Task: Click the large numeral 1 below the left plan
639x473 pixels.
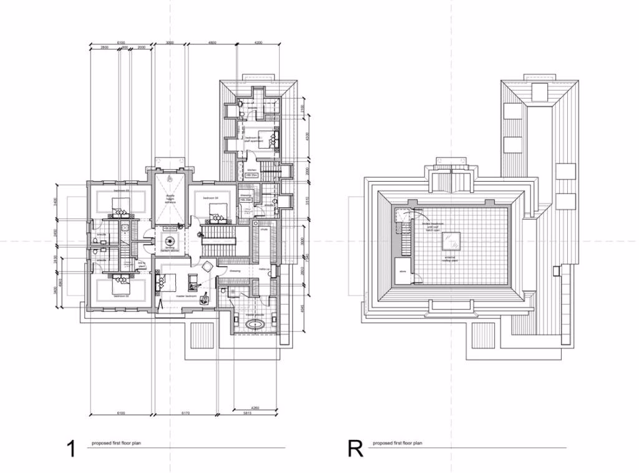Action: coord(71,449)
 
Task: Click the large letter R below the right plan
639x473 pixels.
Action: coord(355,449)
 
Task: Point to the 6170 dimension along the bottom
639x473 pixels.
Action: coord(185,413)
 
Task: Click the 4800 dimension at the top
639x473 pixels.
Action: coord(212,43)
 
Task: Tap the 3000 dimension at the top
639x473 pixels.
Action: coord(170,43)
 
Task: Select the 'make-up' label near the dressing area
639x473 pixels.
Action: coord(264,268)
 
